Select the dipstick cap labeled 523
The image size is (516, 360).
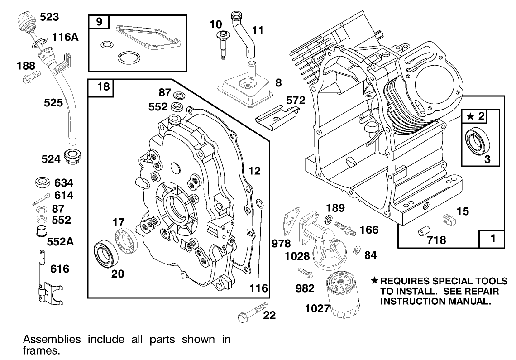click(x=25, y=21)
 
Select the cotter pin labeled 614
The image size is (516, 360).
click(x=43, y=198)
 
